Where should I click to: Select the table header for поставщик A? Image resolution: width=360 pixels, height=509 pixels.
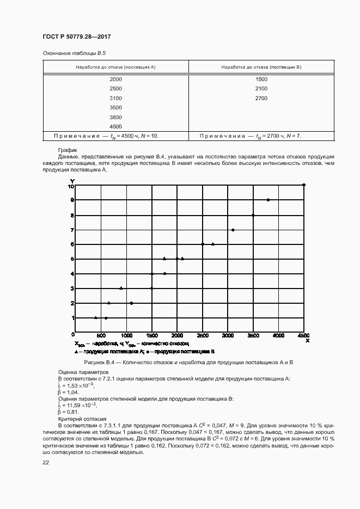pyautogui.click(x=115, y=66)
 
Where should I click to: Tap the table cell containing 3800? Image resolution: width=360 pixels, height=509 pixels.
pyautogui.click(x=115, y=117)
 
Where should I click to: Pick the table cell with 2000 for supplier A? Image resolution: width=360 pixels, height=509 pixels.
pyautogui.click(x=115, y=79)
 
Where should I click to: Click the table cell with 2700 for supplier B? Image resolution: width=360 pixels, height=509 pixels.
pyautogui.click(x=261, y=98)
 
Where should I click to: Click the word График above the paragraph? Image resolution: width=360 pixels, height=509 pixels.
pyautogui.click(x=68, y=150)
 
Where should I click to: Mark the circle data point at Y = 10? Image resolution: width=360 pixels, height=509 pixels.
pyautogui.click(x=304, y=185)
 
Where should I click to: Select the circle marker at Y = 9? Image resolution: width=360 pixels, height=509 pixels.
pyautogui.click(x=268, y=200)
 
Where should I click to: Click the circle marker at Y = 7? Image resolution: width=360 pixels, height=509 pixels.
pyautogui.click(x=233, y=230)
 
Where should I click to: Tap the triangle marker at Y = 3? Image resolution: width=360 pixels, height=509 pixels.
pyautogui.click(x=121, y=288)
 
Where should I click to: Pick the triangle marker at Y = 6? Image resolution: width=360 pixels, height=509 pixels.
pyautogui.click(x=212, y=244)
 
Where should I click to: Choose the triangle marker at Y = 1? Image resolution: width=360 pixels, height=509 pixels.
pyautogui.click(x=96, y=317)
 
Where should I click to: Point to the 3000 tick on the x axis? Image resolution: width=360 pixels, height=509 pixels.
pyautogui.click(x=228, y=335)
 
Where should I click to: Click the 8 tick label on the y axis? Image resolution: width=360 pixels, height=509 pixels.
pyautogui.click(x=71, y=215)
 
